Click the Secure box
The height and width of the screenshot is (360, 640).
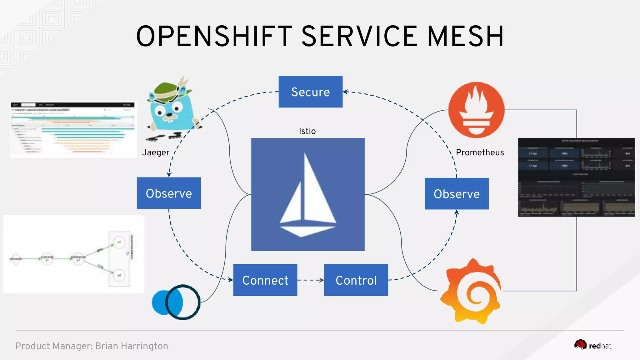[x=310, y=92]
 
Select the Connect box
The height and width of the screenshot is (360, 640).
[x=265, y=280]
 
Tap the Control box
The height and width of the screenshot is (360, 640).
[x=356, y=280]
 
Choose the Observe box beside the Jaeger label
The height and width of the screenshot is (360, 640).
[x=169, y=193]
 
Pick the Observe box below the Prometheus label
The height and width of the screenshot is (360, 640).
[x=456, y=194]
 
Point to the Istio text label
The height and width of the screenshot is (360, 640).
[x=307, y=131]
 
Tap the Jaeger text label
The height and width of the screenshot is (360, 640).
[x=156, y=152]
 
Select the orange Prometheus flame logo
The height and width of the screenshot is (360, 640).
[x=476, y=110]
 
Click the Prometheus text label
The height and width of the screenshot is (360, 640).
[x=480, y=152]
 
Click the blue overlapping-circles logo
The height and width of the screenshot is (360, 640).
[x=176, y=302]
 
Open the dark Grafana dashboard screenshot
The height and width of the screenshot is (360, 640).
[x=576, y=177]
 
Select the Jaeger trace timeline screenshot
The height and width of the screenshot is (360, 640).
[x=73, y=130]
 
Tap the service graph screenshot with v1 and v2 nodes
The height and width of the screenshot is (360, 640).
[x=74, y=254]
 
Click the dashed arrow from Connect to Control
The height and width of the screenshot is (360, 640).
[x=310, y=280]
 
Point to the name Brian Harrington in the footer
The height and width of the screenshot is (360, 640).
[x=132, y=346]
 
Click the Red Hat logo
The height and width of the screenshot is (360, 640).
[x=592, y=346]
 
